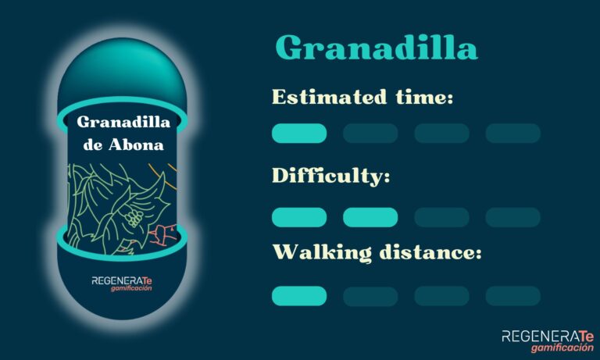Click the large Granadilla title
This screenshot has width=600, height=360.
coord(377,48)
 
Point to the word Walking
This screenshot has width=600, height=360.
coord(322,253)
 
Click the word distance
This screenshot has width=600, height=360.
coord(427,252)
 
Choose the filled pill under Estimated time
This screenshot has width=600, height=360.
coord(299,133)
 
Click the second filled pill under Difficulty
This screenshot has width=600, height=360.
coord(370,217)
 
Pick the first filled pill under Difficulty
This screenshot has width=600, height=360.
coord(299,217)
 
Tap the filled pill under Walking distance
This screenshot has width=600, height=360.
coord(299,296)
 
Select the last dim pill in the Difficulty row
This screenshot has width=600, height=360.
coord(512,217)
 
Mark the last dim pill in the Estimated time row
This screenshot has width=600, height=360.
coord(512,133)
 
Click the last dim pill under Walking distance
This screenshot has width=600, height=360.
coord(512,296)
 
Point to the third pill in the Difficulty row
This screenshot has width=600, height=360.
coord(441,217)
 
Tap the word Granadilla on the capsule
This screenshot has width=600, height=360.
coord(123,123)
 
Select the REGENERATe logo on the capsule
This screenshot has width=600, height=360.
coord(122,283)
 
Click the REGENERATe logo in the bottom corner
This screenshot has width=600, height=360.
coord(548,340)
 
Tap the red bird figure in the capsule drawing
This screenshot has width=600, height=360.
coord(164,234)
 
